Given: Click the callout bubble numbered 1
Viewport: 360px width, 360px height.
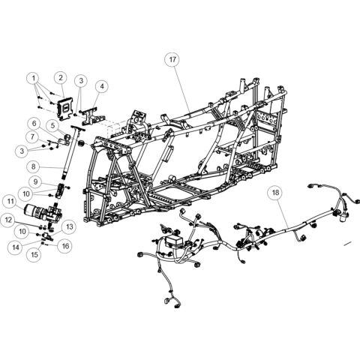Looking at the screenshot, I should pos(34,77).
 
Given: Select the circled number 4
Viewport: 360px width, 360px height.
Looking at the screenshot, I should pos(101,86).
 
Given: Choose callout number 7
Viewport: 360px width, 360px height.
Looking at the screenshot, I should pos(34,136).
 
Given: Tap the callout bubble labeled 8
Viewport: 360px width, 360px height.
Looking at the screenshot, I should pos(34,169).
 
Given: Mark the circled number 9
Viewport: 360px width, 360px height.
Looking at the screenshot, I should pos(34,182).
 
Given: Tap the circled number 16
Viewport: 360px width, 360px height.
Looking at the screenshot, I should pos(65,244).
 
